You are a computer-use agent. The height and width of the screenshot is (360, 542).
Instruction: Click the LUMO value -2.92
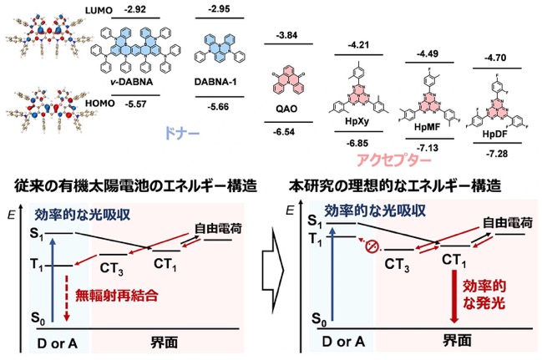click(x=135, y=8)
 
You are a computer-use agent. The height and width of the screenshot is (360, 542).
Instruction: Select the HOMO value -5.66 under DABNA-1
click(x=218, y=106)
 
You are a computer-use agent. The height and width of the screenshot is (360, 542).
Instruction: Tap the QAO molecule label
click(x=286, y=109)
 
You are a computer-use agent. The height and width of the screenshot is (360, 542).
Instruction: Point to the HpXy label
click(x=357, y=121)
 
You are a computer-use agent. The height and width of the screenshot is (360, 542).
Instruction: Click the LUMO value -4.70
click(x=496, y=58)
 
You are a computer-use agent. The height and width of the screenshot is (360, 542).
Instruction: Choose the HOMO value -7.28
click(x=497, y=154)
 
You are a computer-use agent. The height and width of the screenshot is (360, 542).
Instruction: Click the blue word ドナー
click(x=182, y=134)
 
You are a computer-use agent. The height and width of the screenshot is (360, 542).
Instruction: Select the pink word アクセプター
click(x=393, y=160)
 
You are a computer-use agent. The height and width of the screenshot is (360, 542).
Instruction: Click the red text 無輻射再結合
click(x=117, y=296)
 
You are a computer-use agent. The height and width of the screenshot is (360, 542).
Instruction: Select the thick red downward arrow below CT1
click(x=454, y=297)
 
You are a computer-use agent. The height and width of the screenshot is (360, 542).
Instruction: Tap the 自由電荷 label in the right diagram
click(x=508, y=222)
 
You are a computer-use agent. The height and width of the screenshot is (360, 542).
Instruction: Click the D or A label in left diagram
click(x=58, y=342)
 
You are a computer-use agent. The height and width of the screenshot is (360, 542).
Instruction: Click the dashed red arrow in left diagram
click(x=67, y=297)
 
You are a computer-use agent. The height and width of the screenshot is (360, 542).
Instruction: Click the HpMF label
click(x=428, y=127)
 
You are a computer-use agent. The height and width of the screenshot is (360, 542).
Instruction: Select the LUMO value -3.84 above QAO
click(x=287, y=35)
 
